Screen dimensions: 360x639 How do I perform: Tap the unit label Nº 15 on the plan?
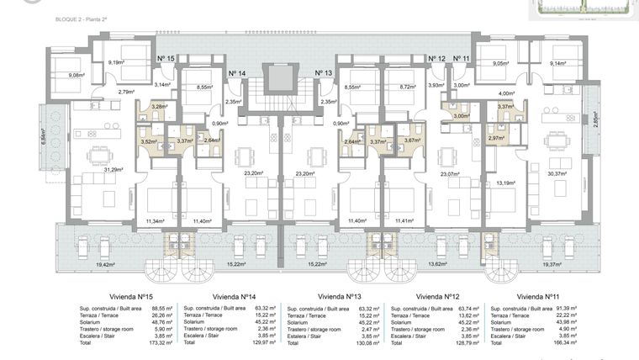coord(165,59)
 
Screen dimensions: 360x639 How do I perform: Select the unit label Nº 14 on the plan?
coord(236,74)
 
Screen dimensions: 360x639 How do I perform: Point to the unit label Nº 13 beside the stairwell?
coord(324,74)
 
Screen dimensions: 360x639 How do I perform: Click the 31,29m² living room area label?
coord(113,169)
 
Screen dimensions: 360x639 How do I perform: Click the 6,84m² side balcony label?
coord(44,136)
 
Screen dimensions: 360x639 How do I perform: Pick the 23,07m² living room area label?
coord(452,174)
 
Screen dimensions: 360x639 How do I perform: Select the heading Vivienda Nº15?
coord(137,297)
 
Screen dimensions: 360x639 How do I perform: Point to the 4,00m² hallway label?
coord(506,93)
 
